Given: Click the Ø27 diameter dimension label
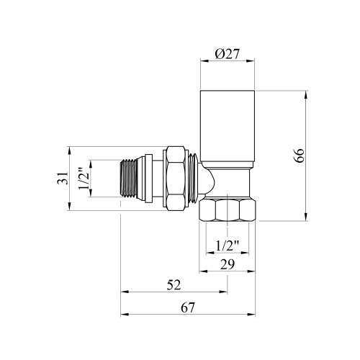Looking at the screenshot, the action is point(227,54).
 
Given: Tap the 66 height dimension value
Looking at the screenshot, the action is point(299,156).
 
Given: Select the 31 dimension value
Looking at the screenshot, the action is point(63,178).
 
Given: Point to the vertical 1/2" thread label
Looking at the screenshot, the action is point(84,179).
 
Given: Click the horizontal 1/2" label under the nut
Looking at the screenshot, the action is point(228,246).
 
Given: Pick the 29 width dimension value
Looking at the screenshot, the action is point(228,265).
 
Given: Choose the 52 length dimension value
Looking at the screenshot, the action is point(174,285).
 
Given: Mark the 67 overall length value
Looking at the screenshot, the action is point(188,307).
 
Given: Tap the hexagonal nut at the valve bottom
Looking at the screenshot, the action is point(228,210).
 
